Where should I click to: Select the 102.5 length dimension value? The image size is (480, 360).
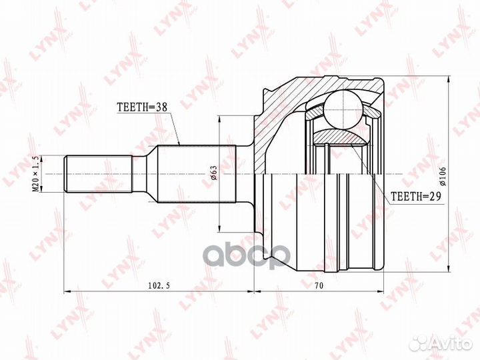point(159,285)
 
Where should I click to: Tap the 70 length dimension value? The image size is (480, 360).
point(319,285)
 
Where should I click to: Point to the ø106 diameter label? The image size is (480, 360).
point(443,176)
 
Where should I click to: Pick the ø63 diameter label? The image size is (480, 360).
point(213,173)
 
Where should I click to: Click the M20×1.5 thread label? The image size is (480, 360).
point(35,173)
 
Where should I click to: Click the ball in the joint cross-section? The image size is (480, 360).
point(344,109)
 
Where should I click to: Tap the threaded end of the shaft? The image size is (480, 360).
point(98,174)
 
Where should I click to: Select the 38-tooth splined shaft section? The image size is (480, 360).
point(197,174)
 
